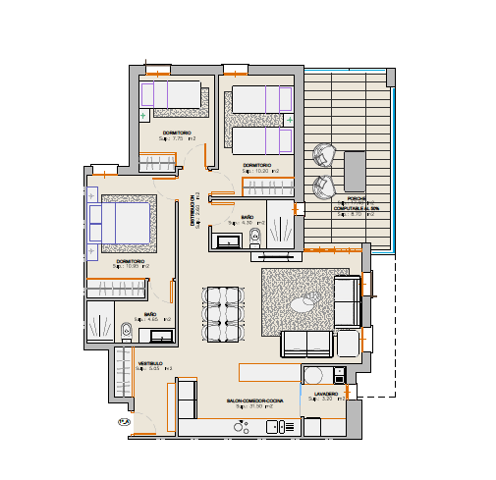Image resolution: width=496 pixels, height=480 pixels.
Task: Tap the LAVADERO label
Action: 326,394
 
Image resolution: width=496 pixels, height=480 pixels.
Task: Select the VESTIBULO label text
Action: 149,363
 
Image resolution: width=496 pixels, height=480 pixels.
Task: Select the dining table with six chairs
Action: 222,314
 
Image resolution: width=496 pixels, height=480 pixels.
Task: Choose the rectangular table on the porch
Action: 353,172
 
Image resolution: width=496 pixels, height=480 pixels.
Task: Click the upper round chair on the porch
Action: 323,155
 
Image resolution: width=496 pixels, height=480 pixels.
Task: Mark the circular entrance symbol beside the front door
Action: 125,422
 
